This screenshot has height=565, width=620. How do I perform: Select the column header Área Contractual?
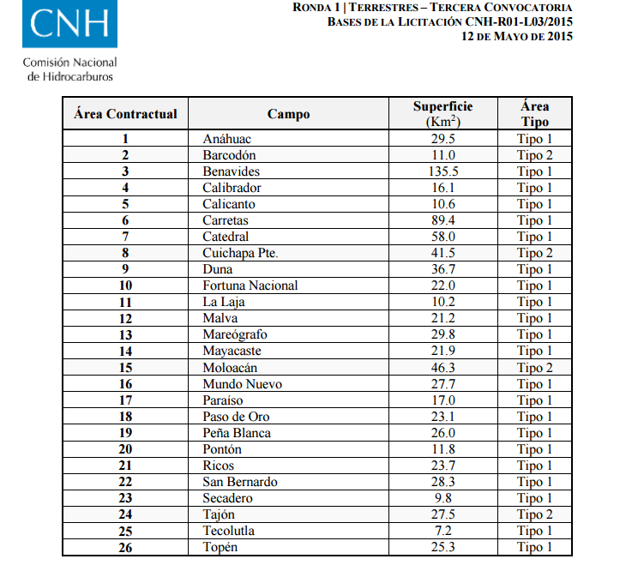[x=125, y=114]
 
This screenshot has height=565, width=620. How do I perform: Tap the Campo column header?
[x=288, y=114]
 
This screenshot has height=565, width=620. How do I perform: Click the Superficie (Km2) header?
[x=442, y=114]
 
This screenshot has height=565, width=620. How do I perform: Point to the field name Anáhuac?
[x=227, y=139]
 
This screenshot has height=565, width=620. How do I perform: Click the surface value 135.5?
[x=442, y=171]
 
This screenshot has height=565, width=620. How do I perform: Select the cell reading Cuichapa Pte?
[x=241, y=253]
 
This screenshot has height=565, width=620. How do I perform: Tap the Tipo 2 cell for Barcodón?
[x=534, y=155]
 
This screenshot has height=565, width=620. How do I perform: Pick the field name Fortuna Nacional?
[x=250, y=286]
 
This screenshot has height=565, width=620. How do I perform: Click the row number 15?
[x=125, y=368]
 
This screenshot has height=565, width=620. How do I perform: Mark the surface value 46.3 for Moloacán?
[x=442, y=368]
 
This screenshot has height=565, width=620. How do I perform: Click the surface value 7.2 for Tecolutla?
[x=442, y=531]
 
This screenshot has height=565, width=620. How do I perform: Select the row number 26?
[x=125, y=547]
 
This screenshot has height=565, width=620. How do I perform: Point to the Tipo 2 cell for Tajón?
[x=534, y=514]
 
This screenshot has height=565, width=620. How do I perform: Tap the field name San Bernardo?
[x=240, y=482]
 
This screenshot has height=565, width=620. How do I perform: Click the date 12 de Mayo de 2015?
[x=517, y=36]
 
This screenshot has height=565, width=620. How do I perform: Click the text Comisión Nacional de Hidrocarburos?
[x=69, y=69]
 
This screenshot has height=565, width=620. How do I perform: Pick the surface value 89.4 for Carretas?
[x=442, y=220]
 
